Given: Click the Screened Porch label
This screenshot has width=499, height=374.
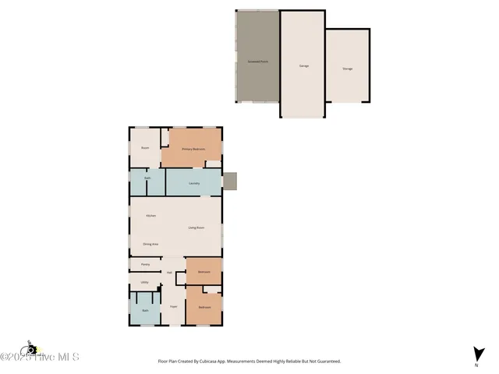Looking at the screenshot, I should pos(257,60).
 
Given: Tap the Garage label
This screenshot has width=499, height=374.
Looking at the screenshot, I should pos(303,65).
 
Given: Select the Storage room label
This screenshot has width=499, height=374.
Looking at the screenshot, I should pos(347,69).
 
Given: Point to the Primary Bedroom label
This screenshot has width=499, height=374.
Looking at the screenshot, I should pos(193,149).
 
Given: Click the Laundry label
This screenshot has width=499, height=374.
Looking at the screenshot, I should pos(194,183).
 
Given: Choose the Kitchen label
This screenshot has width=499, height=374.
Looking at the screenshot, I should pos(151,215).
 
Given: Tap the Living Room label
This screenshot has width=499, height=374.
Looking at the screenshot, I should pos(196,227).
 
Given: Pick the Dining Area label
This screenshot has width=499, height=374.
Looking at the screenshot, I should pos(151,245).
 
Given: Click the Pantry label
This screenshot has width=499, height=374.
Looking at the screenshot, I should pos(145,265).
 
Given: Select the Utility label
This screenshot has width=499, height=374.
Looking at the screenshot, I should pos(144,282).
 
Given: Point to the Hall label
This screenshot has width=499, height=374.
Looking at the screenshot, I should pos(169,272).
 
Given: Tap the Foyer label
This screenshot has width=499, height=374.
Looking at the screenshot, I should pos(174,306).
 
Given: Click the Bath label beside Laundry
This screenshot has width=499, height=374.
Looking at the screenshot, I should pos(147,178).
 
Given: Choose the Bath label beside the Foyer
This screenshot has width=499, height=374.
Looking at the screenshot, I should pos(144,311).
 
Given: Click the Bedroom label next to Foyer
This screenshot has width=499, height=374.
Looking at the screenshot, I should pos(204,307).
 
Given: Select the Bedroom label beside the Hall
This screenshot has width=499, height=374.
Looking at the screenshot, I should pos(203,271).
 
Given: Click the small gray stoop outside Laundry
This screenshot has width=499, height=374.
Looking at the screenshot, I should pos(229,181).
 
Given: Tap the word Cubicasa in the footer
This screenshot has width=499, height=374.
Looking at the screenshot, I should pos(218,362).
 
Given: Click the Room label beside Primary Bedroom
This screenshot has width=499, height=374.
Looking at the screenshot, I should pos(144,147).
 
